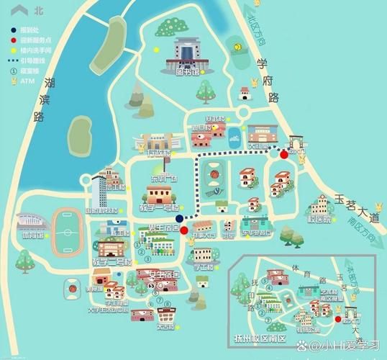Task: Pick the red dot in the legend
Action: pos(14,41)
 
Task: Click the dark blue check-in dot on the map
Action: pos(179,218)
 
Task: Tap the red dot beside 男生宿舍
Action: pos(184,230)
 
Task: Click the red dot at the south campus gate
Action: pos(338,318)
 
